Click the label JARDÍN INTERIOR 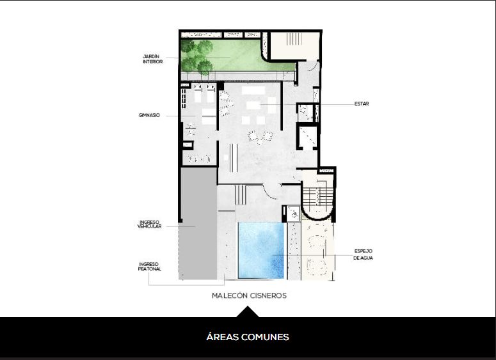(153, 59)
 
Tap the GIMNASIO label (149, 115)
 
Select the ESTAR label (361, 104)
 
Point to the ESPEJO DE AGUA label (363, 254)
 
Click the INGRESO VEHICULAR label (149, 224)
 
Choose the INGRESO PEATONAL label (150, 267)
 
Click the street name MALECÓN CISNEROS (249, 296)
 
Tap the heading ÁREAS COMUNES (248, 337)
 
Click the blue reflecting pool (261, 250)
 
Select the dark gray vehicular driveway (198, 223)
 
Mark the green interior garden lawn (237, 55)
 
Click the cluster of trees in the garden (196, 57)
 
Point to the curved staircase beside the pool (317, 196)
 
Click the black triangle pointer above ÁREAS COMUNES (248, 311)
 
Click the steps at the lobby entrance (240, 195)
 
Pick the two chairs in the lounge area (260, 137)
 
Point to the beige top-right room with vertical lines (295, 45)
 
